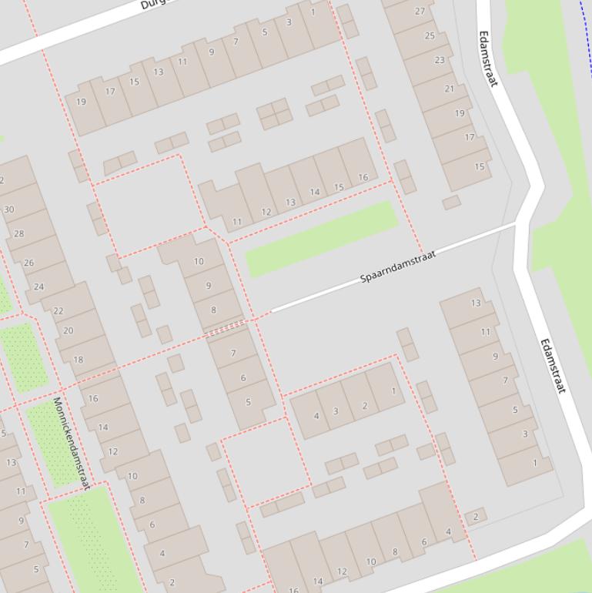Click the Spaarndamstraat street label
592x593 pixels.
coord(398,266)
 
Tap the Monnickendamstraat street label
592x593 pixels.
coord(71,443)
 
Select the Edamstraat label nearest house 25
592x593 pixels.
coord(489,59)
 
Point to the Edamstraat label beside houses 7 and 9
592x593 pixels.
coord(552,367)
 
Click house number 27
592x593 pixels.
coord(420,11)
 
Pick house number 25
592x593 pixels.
coord(430,35)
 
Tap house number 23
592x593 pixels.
coord(440,60)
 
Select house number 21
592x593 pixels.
coord(450,89)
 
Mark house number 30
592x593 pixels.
coord(8,209)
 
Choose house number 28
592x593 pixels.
coord(18,233)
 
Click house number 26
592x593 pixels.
coord(28,263)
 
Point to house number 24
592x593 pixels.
coord(38,286)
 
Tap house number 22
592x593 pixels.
coord(58,311)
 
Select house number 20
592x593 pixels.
coord(68,330)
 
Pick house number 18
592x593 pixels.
coord(78,360)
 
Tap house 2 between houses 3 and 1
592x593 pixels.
coord(364,406)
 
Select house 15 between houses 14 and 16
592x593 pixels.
coord(339,187)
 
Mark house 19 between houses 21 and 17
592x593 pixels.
coord(460,113)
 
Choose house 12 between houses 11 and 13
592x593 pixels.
coord(266,212)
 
